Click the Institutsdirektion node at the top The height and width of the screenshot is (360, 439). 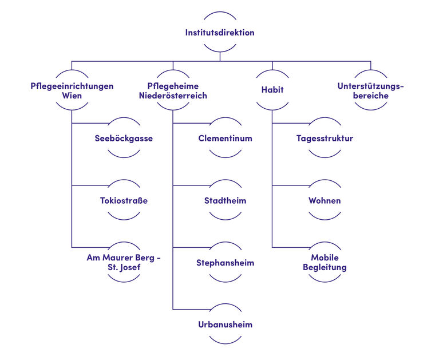tap(220, 33)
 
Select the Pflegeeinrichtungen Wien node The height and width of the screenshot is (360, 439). tap(72, 91)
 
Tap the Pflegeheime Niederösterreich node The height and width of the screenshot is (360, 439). tap(173, 91)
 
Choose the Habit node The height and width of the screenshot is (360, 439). tap(272, 90)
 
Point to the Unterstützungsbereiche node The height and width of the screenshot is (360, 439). tap(370, 91)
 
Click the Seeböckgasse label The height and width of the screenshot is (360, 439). tap(124, 139)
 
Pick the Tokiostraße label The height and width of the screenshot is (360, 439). tap(124, 201)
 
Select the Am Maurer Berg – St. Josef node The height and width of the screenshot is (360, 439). tap(124, 263)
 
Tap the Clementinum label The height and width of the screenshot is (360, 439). tap(225, 139)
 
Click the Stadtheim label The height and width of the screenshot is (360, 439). tap(225, 201)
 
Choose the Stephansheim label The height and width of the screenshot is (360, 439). tap(225, 263)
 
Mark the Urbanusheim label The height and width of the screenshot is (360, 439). tap(225, 325)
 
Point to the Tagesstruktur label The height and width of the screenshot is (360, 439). tap(325, 139)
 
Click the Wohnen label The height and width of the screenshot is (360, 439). tap(325, 201)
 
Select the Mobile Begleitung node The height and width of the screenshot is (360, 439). tap(325, 263)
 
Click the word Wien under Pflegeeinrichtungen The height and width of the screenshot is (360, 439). tap(72, 96)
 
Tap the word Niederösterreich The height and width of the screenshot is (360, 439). tap(173, 96)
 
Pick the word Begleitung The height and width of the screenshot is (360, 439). tap(325, 268)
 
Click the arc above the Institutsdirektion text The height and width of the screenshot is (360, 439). tap(220, 14)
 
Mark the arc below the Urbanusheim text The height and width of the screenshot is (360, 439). tap(225, 342)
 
